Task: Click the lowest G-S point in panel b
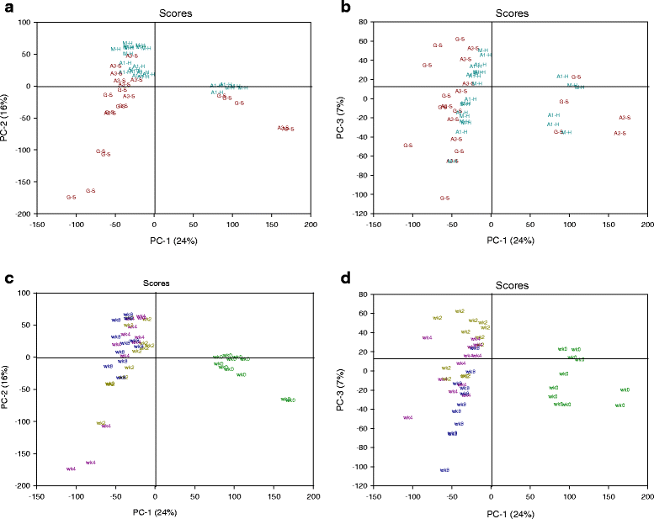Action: click(x=444, y=199)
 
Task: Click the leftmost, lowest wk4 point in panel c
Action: click(x=71, y=469)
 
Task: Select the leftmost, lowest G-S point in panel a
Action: click(x=71, y=197)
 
